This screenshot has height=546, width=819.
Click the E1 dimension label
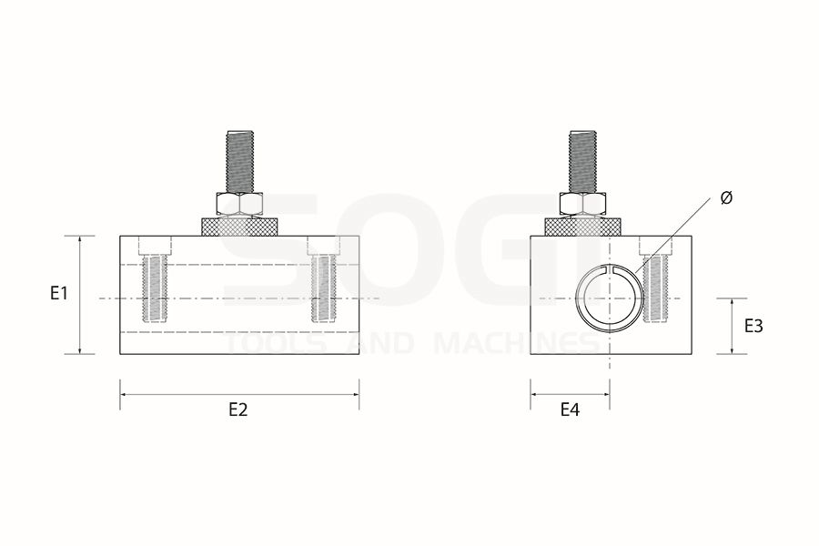tap(59, 294)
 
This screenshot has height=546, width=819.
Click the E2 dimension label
tap(238, 409)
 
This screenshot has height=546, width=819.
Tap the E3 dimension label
tap(753, 326)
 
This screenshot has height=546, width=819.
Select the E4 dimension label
tap(570, 409)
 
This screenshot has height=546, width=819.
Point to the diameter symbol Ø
tap(726, 198)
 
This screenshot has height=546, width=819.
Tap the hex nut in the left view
tap(239, 203)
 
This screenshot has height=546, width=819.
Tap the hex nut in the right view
tap(583, 203)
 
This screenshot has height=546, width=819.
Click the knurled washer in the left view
tap(239, 227)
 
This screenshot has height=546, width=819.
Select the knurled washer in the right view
tap(583, 227)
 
